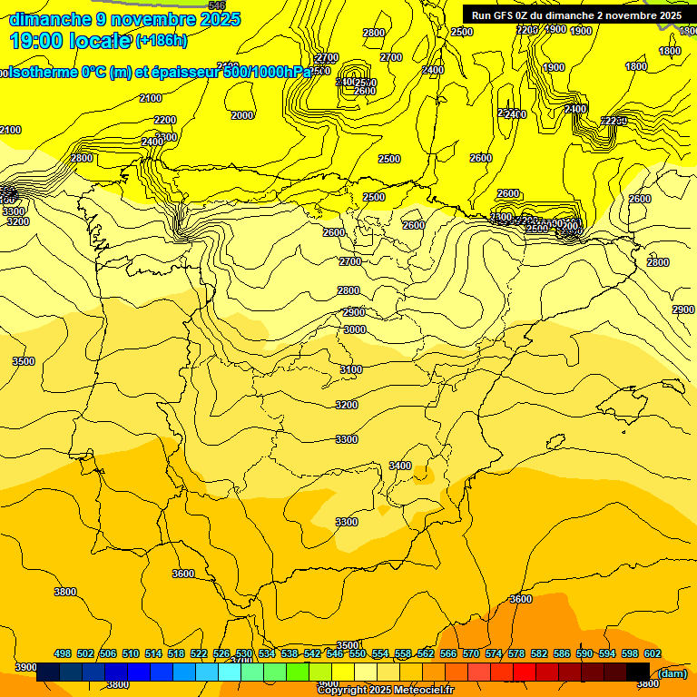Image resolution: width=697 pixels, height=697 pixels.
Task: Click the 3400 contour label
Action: coord(400,466)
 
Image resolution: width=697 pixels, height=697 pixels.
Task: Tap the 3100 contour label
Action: coord(351,369)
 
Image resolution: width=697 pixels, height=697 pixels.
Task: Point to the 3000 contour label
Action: coord(354,329)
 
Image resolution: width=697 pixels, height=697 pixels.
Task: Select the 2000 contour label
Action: coord(242,115)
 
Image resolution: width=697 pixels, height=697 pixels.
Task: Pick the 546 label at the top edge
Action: coord(217,5)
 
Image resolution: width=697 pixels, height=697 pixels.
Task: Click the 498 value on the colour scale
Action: coord(63,653)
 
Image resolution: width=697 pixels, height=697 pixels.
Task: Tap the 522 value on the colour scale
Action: coord(199,653)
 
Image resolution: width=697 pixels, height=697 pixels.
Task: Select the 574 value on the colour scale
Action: coord(494,653)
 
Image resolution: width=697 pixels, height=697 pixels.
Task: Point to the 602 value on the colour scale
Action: coord(653,653)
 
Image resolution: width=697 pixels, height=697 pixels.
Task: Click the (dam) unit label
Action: coord(672,672)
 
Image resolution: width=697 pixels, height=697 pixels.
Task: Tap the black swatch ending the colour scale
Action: coord(638,672)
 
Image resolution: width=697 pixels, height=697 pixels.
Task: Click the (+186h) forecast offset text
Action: coord(162,40)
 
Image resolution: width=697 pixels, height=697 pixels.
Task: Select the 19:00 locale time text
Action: coord(69,40)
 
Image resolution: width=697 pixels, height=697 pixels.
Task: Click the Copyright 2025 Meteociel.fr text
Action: coord(385,691)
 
